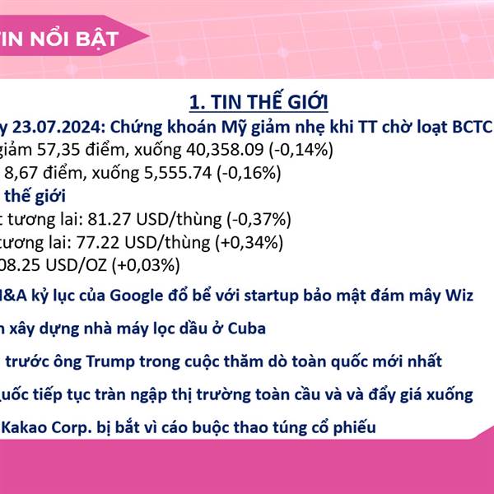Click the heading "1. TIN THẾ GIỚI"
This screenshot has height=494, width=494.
259,101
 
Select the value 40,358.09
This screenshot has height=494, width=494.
225,150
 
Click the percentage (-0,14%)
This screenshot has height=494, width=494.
301,150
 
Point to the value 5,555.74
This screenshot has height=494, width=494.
178,173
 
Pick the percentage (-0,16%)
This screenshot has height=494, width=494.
249,173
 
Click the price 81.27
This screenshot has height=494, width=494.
109,219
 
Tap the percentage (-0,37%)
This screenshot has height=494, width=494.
259,220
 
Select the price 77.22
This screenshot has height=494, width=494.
98,243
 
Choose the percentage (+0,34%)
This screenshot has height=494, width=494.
249,243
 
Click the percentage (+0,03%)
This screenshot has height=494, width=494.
146,265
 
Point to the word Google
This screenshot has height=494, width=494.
137,296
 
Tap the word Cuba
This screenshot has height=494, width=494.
247,329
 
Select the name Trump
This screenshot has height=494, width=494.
110,361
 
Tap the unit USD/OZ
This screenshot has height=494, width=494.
77,265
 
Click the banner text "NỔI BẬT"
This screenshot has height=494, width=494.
74,39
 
